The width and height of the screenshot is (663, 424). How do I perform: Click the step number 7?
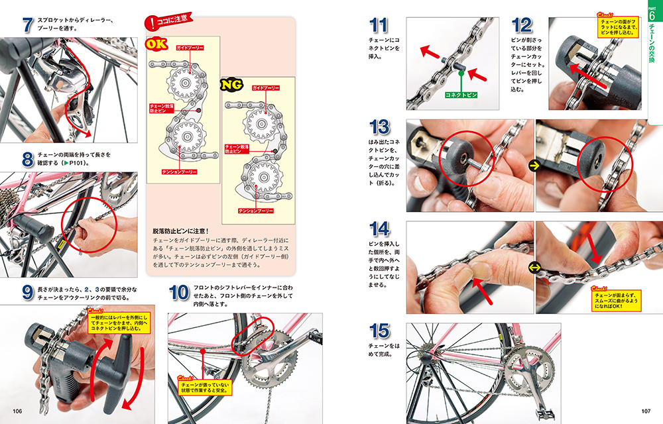click(x=28, y=25)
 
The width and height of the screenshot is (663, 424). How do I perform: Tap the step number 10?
click(x=179, y=292)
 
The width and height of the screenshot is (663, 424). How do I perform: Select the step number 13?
click(x=379, y=127)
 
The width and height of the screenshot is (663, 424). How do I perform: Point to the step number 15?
click(x=379, y=331)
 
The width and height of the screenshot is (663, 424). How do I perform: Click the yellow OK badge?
click(x=156, y=44)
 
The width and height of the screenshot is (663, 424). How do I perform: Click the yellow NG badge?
click(x=231, y=84)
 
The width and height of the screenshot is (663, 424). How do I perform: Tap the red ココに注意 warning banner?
click(x=168, y=22)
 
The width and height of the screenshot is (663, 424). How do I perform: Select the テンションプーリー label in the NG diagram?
click(x=256, y=211)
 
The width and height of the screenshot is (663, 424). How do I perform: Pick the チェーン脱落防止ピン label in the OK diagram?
click(x=162, y=108)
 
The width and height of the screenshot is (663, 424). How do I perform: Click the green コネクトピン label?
click(x=461, y=95)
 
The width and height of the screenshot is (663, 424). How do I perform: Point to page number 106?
click(x=17, y=411)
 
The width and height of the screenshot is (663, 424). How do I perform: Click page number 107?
click(x=646, y=411)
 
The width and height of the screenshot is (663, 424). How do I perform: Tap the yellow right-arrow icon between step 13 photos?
click(x=534, y=166)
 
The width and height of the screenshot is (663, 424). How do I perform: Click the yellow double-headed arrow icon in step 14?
click(x=534, y=268)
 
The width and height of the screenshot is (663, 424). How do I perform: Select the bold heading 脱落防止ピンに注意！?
click(x=180, y=231)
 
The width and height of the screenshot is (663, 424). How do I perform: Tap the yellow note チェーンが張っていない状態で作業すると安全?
click(x=205, y=388)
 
